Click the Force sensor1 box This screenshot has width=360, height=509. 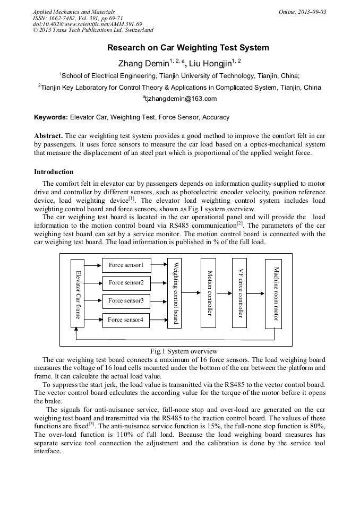point(126,265)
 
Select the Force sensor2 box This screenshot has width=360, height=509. point(126,283)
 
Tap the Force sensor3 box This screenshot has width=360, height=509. point(126,301)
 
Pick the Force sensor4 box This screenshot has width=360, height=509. point(126,320)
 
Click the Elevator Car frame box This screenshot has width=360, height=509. point(78,293)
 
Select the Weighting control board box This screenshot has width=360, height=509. point(174,293)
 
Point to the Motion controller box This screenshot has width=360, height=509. point(209,293)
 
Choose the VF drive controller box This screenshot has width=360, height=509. point(239,293)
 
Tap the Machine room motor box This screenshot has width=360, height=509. point(274,293)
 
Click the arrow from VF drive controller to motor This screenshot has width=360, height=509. point(256,293)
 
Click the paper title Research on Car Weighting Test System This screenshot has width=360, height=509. point(188,48)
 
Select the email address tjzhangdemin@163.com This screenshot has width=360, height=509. point(179,99)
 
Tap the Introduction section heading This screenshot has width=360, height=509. point(54,172)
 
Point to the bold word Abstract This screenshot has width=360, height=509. point(48,136)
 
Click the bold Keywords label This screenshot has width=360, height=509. point(51,117)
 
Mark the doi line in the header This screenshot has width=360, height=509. point(88,24)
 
